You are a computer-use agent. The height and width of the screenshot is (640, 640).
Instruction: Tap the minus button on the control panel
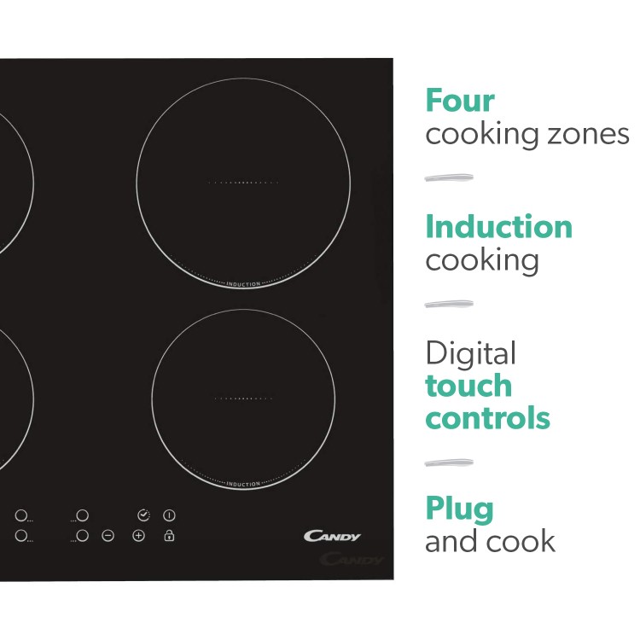point(108,536)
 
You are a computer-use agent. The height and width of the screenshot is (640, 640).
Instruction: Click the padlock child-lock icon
point(170,535)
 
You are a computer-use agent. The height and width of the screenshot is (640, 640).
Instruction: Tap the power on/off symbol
point(170,515)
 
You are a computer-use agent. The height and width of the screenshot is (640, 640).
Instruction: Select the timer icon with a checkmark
point(143,515)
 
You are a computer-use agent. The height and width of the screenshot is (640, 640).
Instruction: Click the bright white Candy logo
point(332,536)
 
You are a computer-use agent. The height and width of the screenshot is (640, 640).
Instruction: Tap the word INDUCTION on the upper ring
point(243,284)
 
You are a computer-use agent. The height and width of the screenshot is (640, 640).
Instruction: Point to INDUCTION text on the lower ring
point(243,484)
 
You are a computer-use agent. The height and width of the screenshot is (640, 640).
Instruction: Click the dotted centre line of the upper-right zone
point(243,183)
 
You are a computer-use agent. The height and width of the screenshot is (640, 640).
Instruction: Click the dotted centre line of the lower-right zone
point(243,399)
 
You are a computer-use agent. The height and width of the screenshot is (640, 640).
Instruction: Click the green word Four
point(460,101)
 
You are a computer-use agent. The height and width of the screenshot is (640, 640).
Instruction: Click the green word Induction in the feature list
point(499,226)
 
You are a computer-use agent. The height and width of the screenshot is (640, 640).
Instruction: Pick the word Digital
point(470,353)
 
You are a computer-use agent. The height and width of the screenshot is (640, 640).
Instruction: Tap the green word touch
point(468,386)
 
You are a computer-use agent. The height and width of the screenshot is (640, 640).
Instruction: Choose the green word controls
point(488,417)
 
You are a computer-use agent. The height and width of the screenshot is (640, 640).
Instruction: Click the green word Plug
point(460,509)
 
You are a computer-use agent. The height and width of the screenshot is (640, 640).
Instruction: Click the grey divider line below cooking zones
point(449,177)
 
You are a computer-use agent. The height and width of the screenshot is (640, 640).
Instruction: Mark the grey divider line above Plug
point(449,463)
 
